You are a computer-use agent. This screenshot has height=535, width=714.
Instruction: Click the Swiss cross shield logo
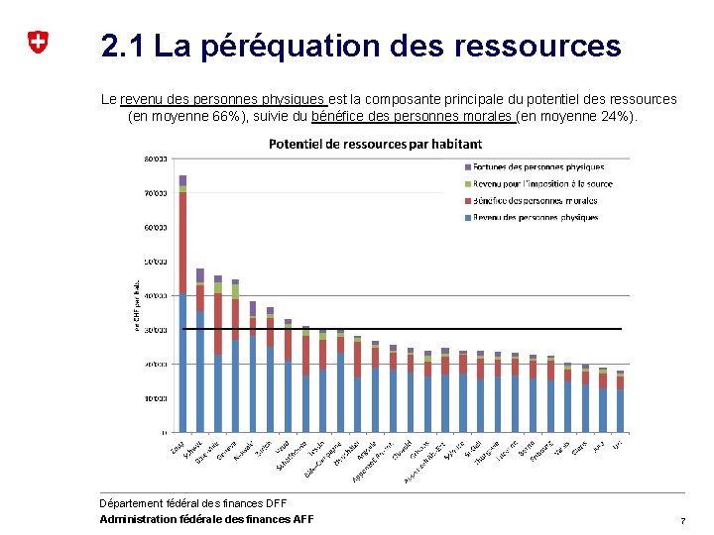[x=37, y=43]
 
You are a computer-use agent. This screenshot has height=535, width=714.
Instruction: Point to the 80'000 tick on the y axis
[x=156, y=159]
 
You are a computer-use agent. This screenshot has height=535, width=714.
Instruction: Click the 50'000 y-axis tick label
[x=156, y=262]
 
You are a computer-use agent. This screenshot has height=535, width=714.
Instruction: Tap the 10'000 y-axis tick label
[x=156, y=398]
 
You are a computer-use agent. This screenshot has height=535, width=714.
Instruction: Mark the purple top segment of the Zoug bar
[x=182, y=180]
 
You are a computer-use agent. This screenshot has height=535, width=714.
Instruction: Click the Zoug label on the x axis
[x=178, y=448]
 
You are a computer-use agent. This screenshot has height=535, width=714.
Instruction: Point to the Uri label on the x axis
[x=617, y=446]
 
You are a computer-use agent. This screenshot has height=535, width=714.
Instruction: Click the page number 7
[x=682, y=521]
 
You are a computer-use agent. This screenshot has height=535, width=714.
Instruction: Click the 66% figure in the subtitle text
[x=225, y=117]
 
